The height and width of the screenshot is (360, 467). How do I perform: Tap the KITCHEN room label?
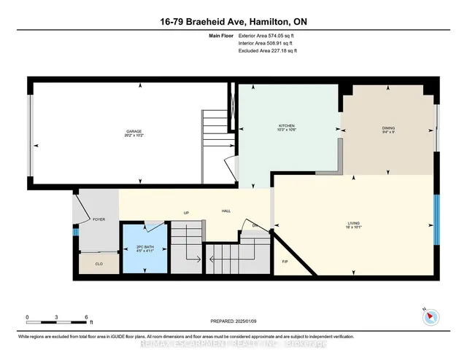coord(286,126)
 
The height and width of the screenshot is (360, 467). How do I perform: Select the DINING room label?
coord(388,128)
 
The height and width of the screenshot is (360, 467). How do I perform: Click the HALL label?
coord(226,211)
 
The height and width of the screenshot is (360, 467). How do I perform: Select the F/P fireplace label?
coord(285,261)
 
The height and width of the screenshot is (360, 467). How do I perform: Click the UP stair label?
coord(186,214)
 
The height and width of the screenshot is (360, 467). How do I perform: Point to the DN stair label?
coord(253,225)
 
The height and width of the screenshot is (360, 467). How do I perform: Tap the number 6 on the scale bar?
coord(85,318)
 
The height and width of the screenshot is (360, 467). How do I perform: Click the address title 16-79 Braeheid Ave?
coord(233,23)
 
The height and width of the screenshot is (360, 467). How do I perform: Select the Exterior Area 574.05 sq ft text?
coord(267,36)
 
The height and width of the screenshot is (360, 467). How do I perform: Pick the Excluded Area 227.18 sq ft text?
coord(267,51)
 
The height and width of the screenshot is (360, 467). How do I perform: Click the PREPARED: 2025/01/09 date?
coord(233,319)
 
